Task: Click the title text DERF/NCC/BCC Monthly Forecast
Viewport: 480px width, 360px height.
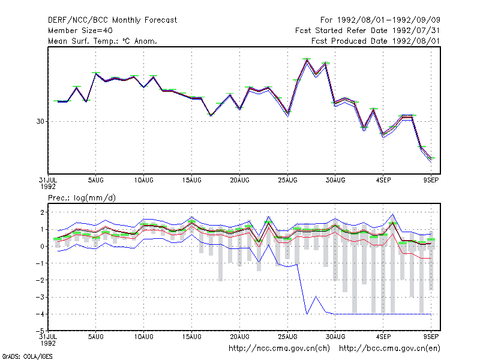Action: [x=112, y=20]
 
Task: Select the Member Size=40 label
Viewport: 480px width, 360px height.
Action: [x=80, y=31]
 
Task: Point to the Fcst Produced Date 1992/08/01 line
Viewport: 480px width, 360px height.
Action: [x=376, y=41]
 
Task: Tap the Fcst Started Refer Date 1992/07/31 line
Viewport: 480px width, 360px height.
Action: [x=367, y=31]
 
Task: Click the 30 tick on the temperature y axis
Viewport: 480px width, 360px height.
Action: [x=40, y=122]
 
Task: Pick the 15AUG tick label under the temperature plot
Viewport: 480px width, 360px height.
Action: [x=191, y=181]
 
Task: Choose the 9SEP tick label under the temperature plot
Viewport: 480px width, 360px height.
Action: [x=431, y=181]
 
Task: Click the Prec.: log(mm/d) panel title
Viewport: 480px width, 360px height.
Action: [x=82, y=198]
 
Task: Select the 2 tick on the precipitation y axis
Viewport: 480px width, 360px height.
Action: [x=42, y=212]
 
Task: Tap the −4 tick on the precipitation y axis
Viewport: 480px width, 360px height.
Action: [x=40, y=314]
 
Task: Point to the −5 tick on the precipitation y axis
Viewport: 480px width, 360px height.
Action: [x=40, y=331]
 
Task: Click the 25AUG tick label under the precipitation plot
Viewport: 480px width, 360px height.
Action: [x=287, y=337]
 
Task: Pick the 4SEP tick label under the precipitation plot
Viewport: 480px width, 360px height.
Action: [x=383, y=337]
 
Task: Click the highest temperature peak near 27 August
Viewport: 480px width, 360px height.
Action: [x=307, y=59]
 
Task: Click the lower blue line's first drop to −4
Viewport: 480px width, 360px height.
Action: [x=307, y=314]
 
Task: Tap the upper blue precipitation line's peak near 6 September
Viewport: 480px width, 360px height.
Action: [x=393, y=214]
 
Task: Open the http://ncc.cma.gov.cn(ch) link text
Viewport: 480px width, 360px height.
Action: [x=279, y=349]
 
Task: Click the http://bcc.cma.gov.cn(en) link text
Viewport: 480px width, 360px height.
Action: [x=389, y=349]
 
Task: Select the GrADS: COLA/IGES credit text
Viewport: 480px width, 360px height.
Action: [x=27, y=356]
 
